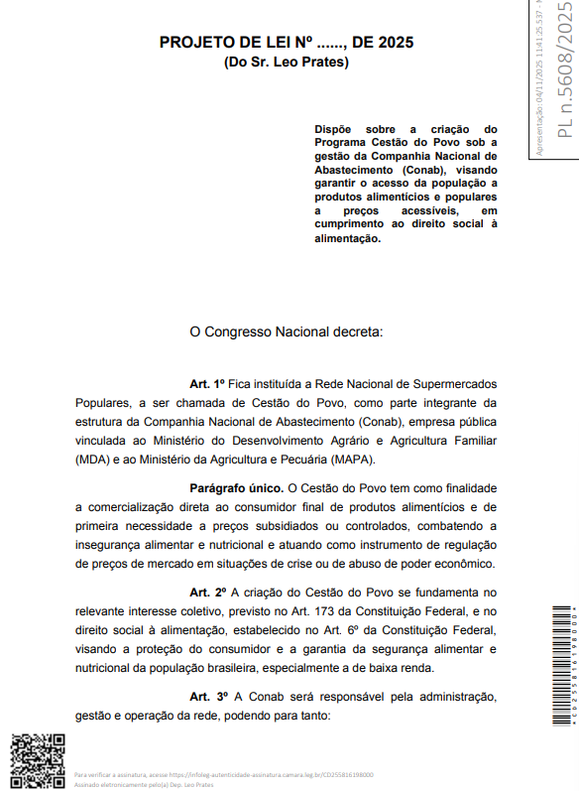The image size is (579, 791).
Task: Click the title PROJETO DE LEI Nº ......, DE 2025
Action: (287, 43)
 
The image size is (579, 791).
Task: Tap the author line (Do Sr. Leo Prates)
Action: (287, 62)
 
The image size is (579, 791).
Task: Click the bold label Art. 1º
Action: (208, 383)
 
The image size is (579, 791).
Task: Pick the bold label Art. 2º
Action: (208, 592)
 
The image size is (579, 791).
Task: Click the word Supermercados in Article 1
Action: (452, 383)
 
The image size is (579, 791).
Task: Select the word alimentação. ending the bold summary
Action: (347, 238)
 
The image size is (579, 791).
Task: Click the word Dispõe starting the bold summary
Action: (334, 129)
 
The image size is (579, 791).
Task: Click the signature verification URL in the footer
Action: (272, 774)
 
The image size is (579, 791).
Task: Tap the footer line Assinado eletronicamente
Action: (144, 784)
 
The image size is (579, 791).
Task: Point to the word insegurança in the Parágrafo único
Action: (112, 544)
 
